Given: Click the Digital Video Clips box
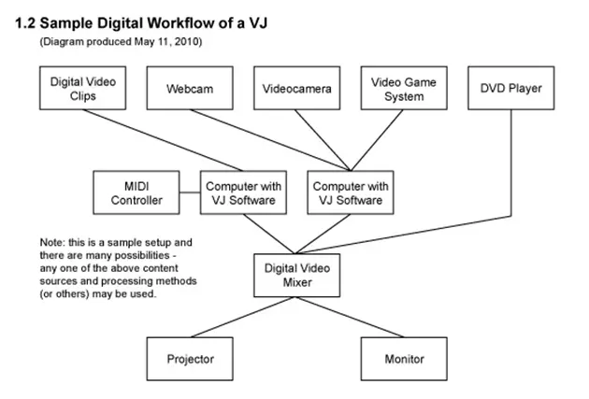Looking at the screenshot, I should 83,89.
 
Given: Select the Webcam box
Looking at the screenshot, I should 190,89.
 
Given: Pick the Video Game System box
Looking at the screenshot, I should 403,89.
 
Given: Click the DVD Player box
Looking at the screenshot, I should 510,89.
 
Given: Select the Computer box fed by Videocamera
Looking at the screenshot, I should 350,192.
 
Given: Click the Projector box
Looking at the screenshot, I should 190,358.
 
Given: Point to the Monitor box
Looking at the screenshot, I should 403,358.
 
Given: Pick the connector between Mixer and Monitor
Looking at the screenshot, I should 351,318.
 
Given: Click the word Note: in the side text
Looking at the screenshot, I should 53,241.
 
